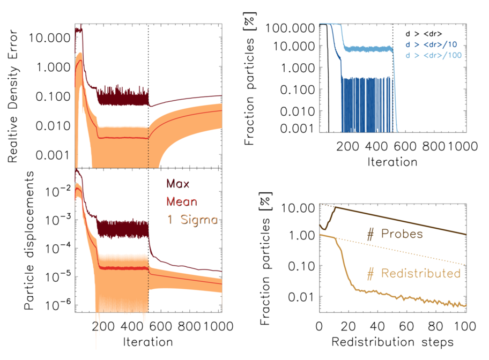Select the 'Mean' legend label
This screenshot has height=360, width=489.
(x=182, y=202)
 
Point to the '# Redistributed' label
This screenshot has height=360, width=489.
(x=413, y=273)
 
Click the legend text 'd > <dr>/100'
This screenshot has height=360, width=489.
(x=433, y=55)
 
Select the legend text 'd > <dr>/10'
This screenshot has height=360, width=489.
(x=431, y=44)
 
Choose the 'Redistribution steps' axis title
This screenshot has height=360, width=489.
(x=392, y=341)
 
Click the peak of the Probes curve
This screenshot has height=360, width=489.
(x=335, y=207)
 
